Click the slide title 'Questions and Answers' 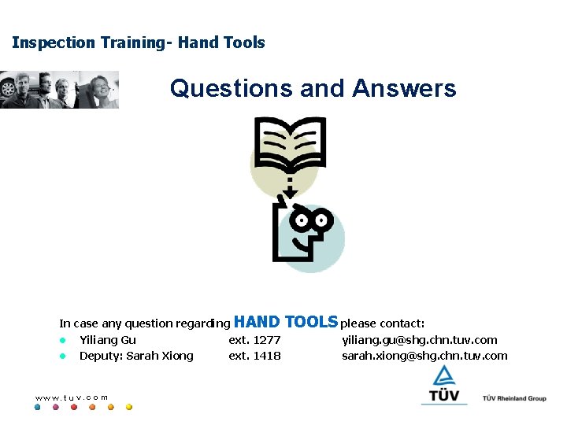pos(313,88)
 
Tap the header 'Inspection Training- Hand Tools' pos(139,42)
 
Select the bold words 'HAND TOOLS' pos(286,322)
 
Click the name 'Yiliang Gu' pos(108,340)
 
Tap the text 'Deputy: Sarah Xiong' pos(136,356)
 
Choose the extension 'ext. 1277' pos(254,340)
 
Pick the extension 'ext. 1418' pos(254,356)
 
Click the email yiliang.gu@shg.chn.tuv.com pos(419,340)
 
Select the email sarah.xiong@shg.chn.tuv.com pos(424,356)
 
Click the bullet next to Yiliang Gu pos(63,340)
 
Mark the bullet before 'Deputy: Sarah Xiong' pos(63,356)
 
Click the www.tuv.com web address pos(72,397)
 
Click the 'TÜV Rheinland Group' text pos(514,398)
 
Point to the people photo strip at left pos(59,90)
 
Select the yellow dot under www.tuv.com pos(129,408)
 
